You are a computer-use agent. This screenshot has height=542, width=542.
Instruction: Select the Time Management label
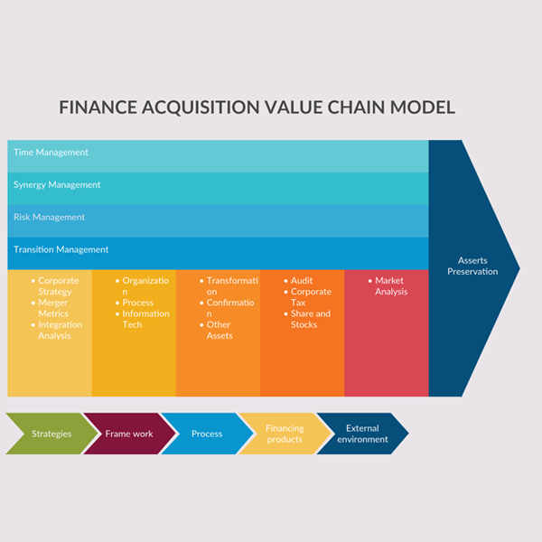[x=51, y=153]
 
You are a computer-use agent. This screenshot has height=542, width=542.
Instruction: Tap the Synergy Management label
[x=57, y=185]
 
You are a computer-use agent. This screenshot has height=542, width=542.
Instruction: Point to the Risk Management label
[x=49, y=218]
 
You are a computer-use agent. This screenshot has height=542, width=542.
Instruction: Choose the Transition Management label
[x=61, y=250]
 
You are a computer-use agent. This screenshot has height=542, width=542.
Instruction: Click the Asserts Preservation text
[x=472, y=266]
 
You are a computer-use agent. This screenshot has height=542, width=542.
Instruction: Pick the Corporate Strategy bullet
[x=58, y=286]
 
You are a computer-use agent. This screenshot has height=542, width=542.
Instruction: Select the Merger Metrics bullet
[x=54, y=308]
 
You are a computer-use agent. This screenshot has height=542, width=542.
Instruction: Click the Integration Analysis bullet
[x=60, y=330]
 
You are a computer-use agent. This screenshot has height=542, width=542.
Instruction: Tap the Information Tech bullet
[x=145, y=319]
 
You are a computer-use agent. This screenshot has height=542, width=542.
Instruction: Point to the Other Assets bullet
[x=220, y=330]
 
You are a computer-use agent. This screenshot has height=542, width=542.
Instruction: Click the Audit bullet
[x=302, y=281]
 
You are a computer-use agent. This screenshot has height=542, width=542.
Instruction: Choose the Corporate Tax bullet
[x=311, y=297]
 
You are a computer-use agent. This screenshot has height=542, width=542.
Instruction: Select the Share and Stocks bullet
[x=311, y=319]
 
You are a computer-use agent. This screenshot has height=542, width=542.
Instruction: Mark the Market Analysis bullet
[x=390, y=286]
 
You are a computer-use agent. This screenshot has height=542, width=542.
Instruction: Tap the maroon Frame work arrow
[x=128, y=434]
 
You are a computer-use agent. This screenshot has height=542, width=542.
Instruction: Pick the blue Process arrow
[x=207, y=434]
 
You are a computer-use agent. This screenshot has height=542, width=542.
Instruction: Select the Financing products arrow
[x=284, y=434]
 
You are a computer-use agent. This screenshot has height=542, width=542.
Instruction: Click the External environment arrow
[x=362, y=434]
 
